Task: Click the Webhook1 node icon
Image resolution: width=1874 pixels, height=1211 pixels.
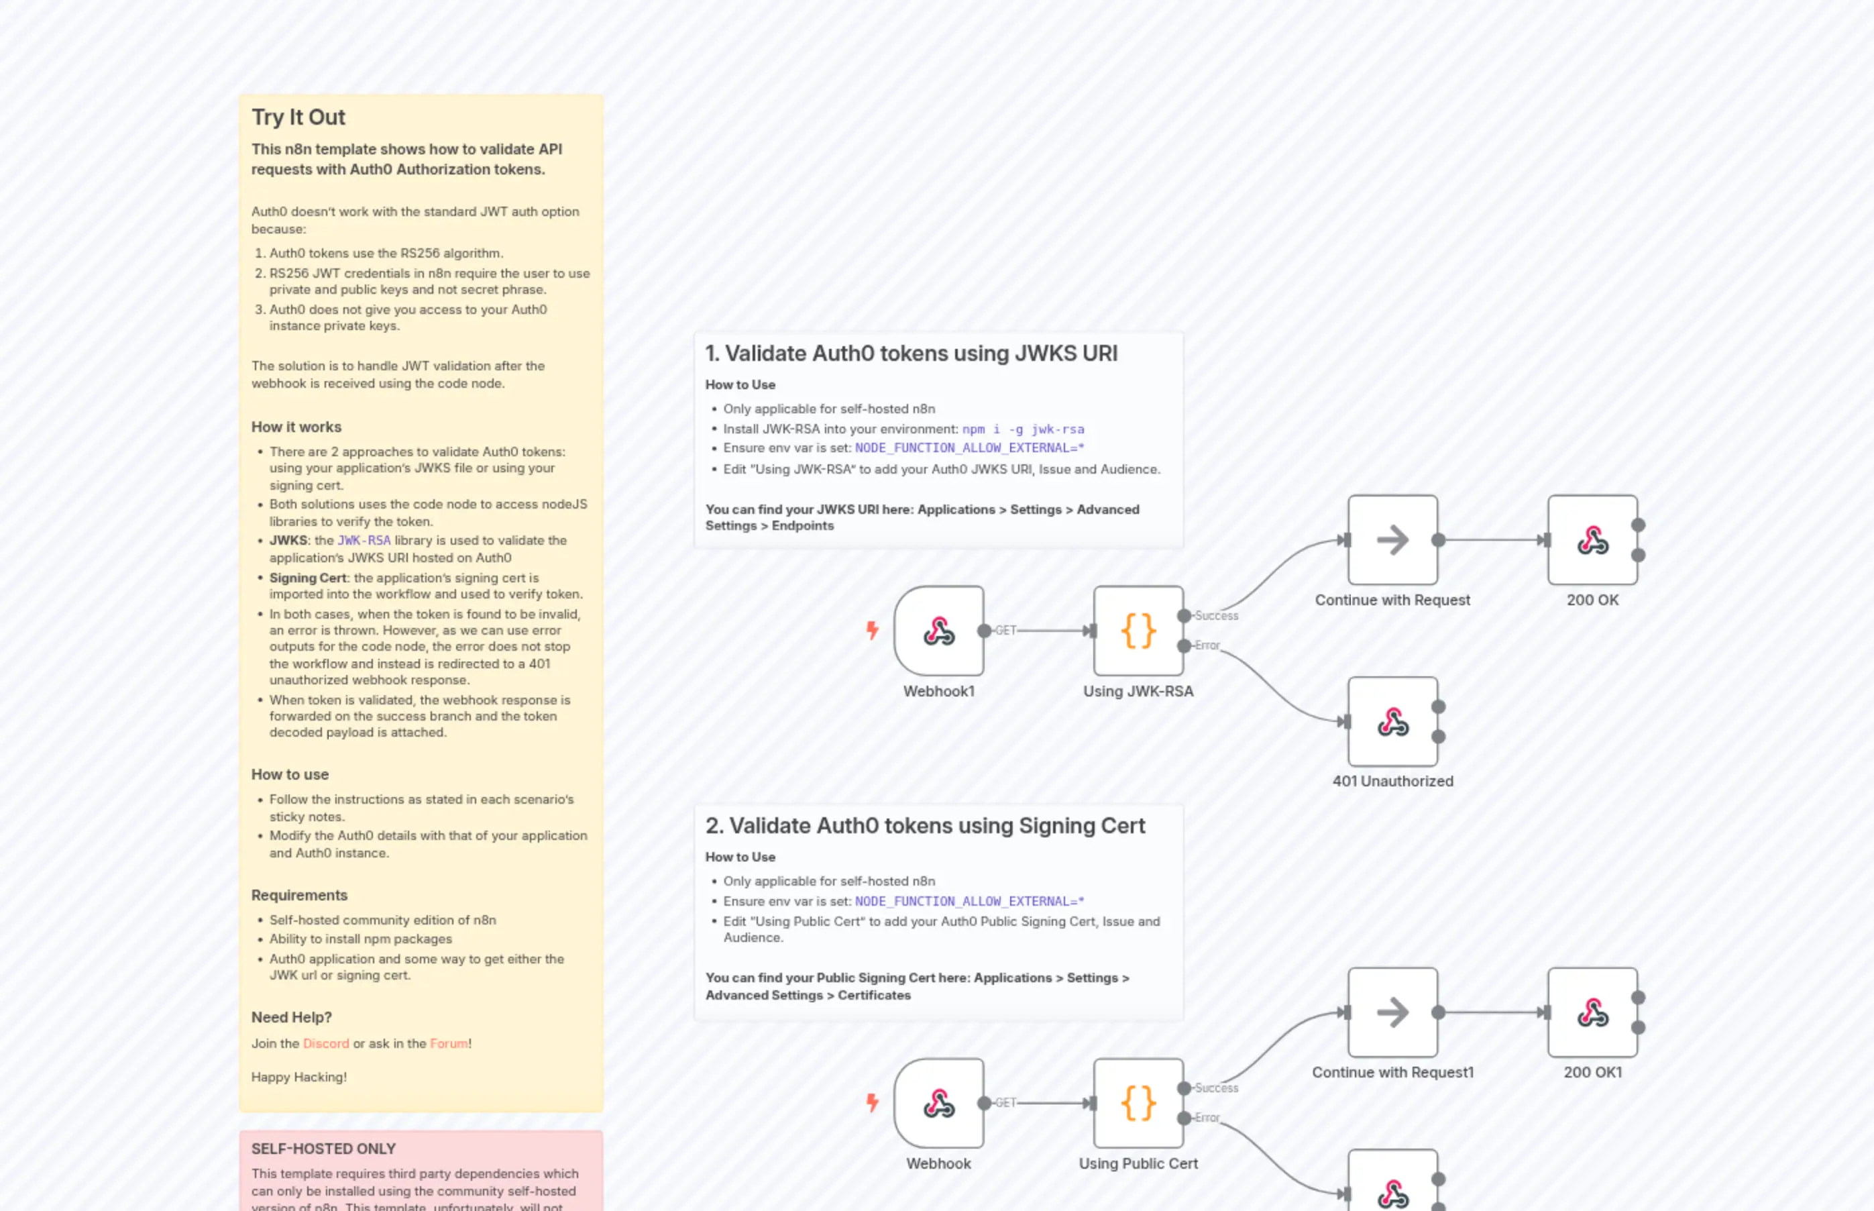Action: pyautogui.click(x=938, y=631)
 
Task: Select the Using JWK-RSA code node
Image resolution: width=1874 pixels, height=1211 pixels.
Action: pyautogui.click(x=1138, y=631)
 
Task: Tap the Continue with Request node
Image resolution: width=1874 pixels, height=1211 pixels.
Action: pyautogui.click(x=1392, y=540)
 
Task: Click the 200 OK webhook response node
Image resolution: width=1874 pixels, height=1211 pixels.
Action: pyautogui.click(x=1592, y=540)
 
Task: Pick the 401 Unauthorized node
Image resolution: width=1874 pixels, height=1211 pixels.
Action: pyautogui.click(x=1392, y=722)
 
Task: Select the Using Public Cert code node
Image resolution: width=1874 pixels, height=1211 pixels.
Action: pyautogui.click(x=1138, y=1102)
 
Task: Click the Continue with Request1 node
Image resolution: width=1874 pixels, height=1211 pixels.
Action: pyautogui.click(x=1392, y=1013)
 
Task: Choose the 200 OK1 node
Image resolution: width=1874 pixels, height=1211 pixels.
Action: pyautogui.click(x=1592, y=1013)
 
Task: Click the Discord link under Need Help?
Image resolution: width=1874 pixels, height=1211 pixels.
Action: pyautogui.click(x=325, y=1043)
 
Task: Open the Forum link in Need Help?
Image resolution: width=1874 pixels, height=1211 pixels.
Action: pyautogui.click(x=449, y=1043)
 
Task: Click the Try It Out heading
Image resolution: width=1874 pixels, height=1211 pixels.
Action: pyautogui.click(x=298, y=117)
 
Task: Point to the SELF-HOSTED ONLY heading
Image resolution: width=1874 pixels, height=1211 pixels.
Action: pyautogui.click(x=323, y=1149)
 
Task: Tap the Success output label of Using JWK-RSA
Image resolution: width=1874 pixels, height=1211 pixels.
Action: pyautogui.click(x=1216, y=616)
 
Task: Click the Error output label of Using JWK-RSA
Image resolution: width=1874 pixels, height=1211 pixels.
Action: pyautogui.click(x=1207, y=645)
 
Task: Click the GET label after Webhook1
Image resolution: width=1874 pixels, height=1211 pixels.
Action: pyautogui.click(x=1005, y=631)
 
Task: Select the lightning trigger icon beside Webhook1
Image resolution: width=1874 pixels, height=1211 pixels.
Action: pyautogui.click(x=872, y=630)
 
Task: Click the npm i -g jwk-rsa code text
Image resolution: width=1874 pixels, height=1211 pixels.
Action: pyautogui.click(x=1023, y=429)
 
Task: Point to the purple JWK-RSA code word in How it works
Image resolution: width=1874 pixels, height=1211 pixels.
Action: pyautogui.click(x=364, y=540)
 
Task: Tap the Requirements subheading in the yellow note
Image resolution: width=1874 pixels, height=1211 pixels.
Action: pyautogui.click(x=298, y=895)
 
